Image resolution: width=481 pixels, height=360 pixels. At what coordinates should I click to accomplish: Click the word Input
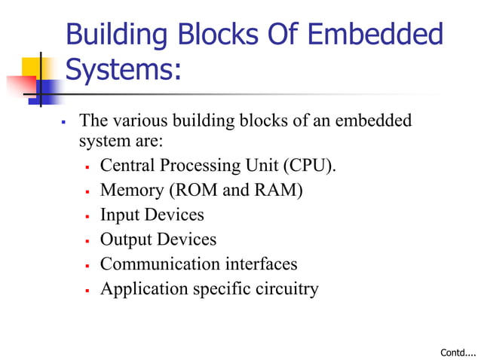click(119, 215)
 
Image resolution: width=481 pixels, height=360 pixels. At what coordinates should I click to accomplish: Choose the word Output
click(126, 239)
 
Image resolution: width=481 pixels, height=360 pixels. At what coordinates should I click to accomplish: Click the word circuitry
click(285, 288)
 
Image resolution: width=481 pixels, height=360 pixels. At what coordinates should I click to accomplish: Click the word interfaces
click(261, 264)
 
